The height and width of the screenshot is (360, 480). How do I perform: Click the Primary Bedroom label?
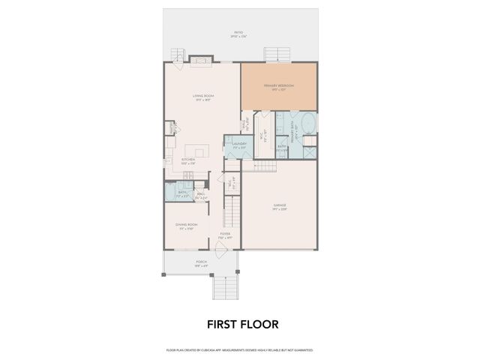[279, 85]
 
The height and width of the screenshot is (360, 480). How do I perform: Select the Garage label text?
[279, 205]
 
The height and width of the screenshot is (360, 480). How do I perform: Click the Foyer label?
[224, 235]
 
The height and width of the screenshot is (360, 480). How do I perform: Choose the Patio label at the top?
[239, 34]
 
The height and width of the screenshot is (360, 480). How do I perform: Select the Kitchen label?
[188, 160]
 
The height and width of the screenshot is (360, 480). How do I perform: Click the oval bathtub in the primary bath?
[308, 123]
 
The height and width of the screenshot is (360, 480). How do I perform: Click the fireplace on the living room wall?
[200, 60]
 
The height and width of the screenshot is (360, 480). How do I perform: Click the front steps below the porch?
[225, 286]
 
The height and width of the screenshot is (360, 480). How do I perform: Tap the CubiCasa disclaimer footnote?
[239, 349]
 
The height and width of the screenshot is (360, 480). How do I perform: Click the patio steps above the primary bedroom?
[276, 54]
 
